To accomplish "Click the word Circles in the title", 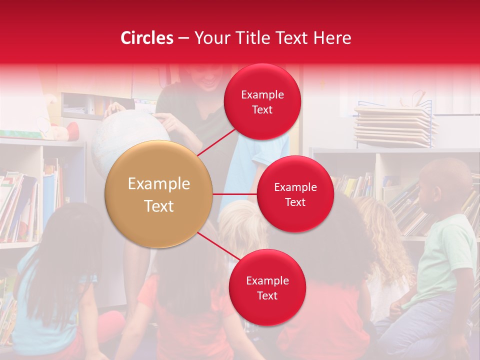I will point(146,38).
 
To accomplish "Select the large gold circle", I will point(158,194).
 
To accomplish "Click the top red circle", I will point(262,102).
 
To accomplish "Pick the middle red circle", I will point(295,194).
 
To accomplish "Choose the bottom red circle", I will point(267,287).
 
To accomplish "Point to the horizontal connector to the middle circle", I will point(235,194).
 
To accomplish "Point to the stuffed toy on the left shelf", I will point(60,122).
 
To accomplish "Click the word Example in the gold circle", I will point(158,184).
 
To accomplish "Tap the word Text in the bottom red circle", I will point(267,295).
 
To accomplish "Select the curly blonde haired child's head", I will point(387,225).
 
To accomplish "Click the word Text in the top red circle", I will point(262,110).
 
